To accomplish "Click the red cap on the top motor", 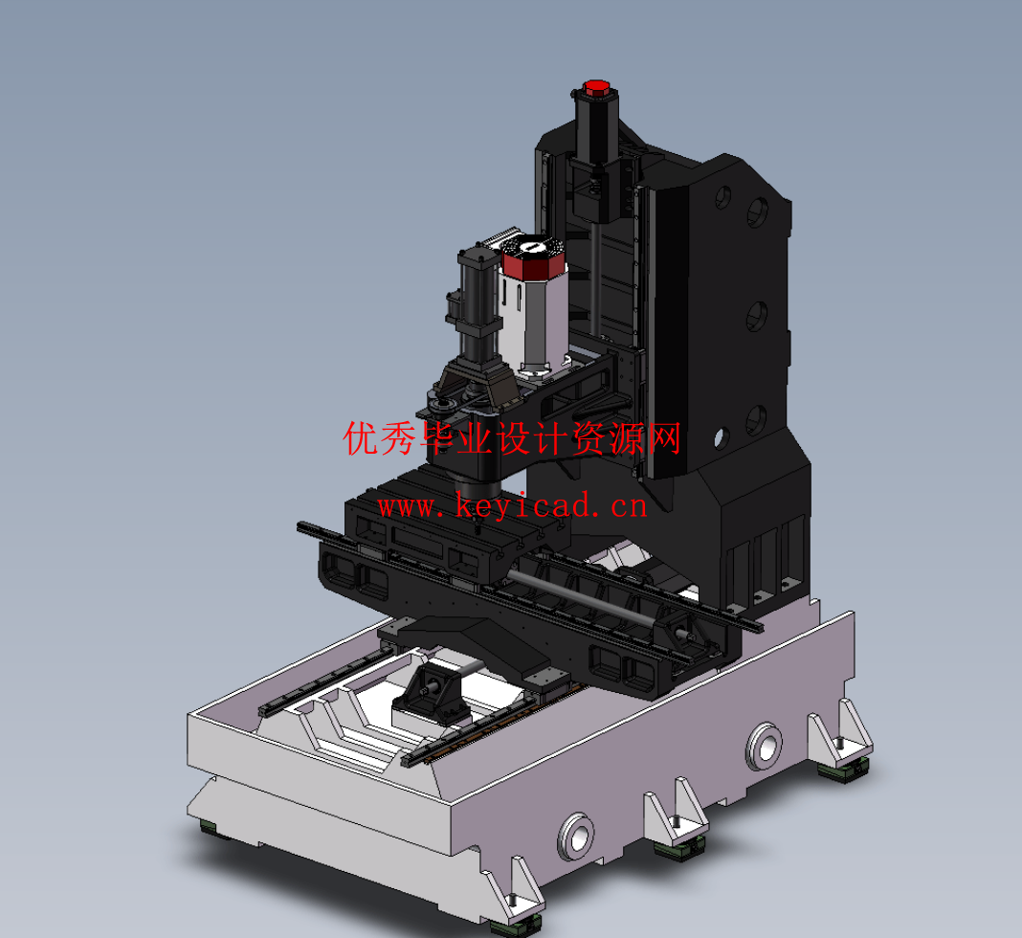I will coord(594,89).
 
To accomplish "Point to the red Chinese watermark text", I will coord(513,439).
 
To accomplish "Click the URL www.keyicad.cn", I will coord(513,504).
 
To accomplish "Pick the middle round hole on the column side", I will coord(757,315).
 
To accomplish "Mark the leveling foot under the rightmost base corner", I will coord(846,765).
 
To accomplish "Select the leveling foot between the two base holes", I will coord(677,842).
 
